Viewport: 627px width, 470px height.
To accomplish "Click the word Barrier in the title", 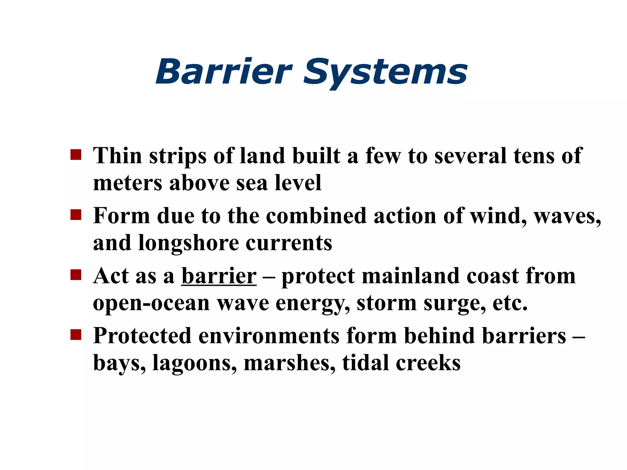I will (224, 72).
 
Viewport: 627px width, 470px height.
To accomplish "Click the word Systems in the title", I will (385, 73).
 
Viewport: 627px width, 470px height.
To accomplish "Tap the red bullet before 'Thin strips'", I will (76, 155).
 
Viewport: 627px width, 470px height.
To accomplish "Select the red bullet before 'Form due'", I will (76, 215).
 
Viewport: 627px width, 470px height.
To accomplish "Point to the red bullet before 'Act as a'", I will (76, 275).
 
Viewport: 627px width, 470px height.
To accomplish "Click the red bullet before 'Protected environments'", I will (76, 335).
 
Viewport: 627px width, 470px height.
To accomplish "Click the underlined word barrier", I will (219, 276).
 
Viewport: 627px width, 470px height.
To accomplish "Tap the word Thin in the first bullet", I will (118, 156).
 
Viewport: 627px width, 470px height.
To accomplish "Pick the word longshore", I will (188, 244).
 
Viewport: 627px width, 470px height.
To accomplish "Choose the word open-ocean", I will (151, 304).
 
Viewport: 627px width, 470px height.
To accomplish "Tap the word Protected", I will (142, 336).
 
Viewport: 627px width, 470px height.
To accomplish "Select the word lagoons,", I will (195, 364).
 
